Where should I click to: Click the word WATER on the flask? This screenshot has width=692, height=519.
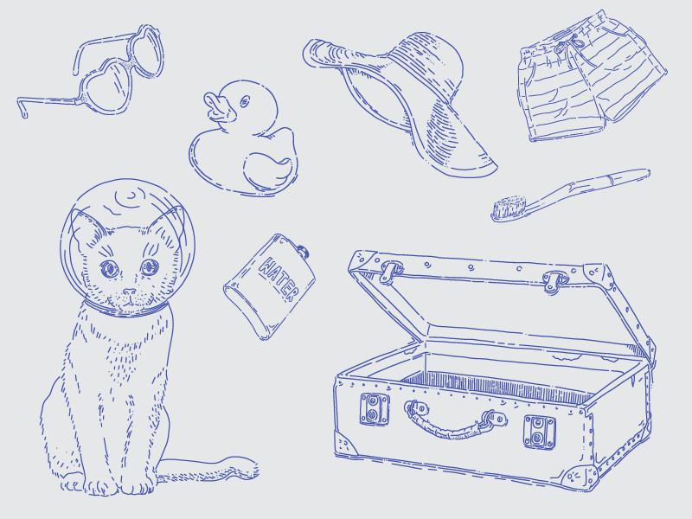[279, 279]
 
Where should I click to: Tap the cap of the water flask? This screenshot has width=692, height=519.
[303, 252]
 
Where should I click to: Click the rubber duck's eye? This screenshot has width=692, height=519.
[245, 102]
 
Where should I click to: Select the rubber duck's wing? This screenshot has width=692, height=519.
[267, 170]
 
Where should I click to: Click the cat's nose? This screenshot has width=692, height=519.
[129, 292]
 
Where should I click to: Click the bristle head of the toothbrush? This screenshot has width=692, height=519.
[509, 208]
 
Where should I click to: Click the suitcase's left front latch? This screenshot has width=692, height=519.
[375, 408]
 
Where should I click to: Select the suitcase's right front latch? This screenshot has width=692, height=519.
[539, 432]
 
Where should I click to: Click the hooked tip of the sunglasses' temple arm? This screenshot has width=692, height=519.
[22, 109]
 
